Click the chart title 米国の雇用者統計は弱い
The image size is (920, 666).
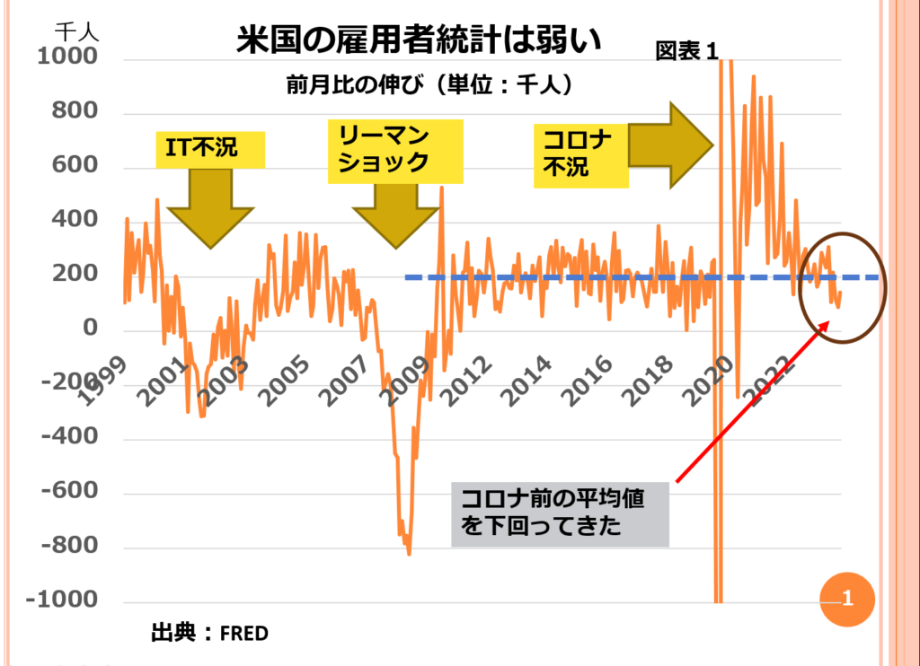(419, 40)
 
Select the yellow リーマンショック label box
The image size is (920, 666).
(395, 150)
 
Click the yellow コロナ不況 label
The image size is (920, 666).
(579, 153)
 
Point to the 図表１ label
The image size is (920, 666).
(687, 52)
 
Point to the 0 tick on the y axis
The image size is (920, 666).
(90, 329)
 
